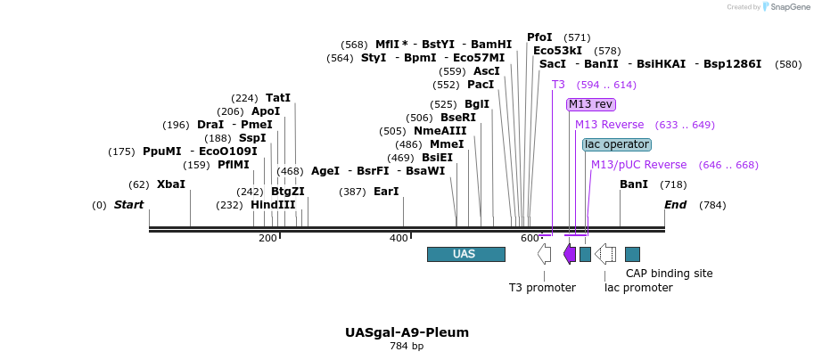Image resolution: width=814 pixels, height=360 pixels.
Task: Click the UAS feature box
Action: [x=465, y=254]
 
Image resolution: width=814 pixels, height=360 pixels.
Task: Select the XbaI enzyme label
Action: [x=171, y=184]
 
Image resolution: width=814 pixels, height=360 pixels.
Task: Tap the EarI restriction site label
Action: [x=386, y=192]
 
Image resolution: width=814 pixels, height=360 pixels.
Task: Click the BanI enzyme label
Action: [x=634, y=184]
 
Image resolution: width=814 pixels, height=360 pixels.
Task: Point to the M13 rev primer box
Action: [x=591, y=104]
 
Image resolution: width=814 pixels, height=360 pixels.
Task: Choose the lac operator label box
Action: [x=617, y=144]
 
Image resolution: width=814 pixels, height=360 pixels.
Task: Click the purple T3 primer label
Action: [x=558, y=85]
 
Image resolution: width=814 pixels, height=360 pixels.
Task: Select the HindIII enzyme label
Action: [x=273, y=205]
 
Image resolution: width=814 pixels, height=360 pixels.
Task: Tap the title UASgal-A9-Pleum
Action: [x=407, y=332]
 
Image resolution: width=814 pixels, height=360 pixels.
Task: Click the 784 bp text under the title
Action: [x=407, y=346]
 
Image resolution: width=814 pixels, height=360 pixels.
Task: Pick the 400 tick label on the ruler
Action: [x=399, y=238]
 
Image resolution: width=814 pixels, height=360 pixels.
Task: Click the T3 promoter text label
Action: [x=542, y=287]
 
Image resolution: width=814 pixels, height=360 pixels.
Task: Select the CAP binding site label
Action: [x=669, y=274]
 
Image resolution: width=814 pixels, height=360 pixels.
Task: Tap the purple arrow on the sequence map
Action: [x=570, y=254]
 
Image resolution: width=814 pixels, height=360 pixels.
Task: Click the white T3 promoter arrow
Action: [x=544, y=254]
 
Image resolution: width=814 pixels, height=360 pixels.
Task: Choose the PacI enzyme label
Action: [x=481, y=85]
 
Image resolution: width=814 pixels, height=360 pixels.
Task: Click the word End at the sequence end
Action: [x=676, y=205]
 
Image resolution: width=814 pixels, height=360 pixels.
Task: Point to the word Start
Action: [x=128, y=205]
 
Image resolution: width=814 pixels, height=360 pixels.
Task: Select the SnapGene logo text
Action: [x=786, y=7]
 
